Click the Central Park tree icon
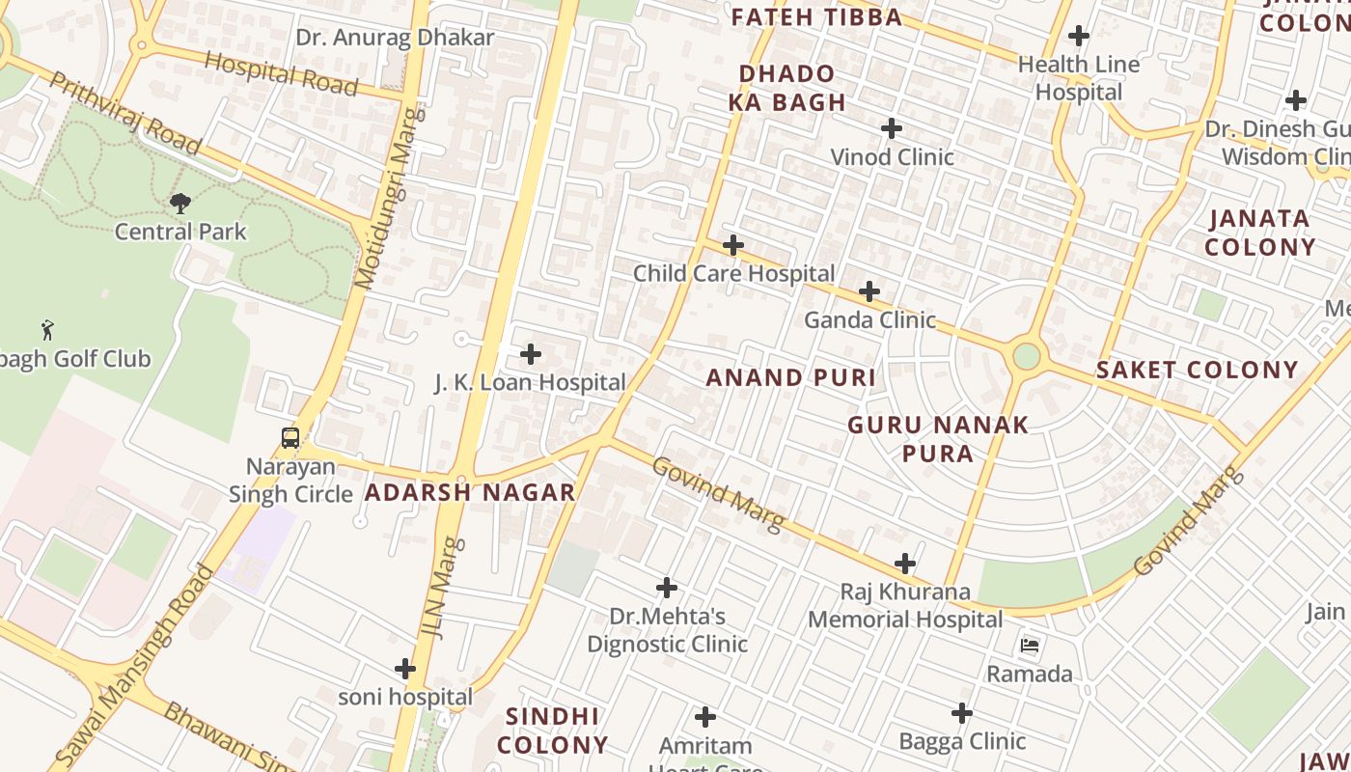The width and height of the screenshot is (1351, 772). (x=179, y=203)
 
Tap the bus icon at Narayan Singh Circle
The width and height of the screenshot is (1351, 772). (x=289, y=437)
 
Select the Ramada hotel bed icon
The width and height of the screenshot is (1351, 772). (x=1030, y=645)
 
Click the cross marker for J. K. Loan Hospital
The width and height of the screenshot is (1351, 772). (x=530, y=354)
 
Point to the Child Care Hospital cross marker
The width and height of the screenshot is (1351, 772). (x=733, y=245)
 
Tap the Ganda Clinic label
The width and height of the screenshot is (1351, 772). (x=869, y=319)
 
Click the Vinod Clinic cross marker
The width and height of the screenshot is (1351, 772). (x=892, y=128)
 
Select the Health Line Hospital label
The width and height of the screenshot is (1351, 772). (x=1079, y=78)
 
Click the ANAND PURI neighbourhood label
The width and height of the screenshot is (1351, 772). (x=790, y=377)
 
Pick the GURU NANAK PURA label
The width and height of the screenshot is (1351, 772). (x=938, y=439)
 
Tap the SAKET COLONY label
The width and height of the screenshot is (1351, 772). (x=1197, y=370)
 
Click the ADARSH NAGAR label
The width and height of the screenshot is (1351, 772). (x=470, y=492)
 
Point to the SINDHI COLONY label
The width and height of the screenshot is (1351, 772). (x=552, y=731)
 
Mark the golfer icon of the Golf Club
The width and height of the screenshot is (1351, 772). (x=46, y=330)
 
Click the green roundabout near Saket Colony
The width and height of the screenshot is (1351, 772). (x=1027, y=356)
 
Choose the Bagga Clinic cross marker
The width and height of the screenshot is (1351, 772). (x=961, y=713)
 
